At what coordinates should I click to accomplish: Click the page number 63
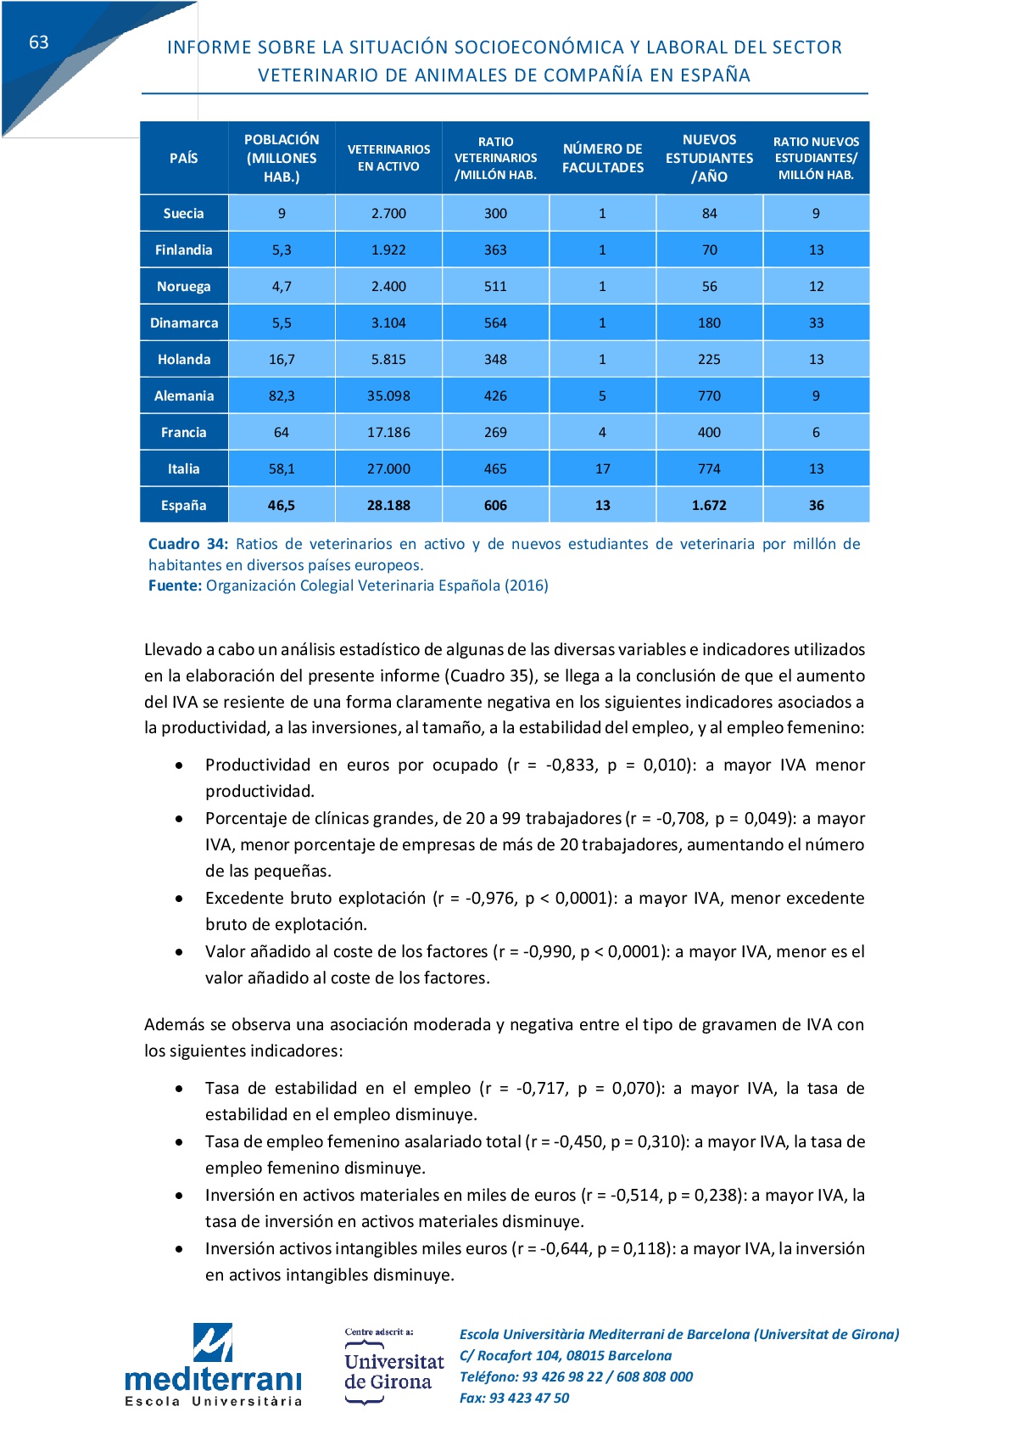(x=39, y=42)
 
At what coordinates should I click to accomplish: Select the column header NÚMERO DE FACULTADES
(x=602, y=158)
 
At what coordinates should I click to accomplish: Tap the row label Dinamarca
(x=184, y=322)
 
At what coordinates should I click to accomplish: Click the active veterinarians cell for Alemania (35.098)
(x=388, y=395)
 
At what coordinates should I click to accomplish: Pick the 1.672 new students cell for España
(x=709, y=505)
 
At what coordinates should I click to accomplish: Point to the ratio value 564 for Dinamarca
(x=495, y=322)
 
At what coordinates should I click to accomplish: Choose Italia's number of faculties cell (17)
(x=602, y=468)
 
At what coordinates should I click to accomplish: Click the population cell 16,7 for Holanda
(x=282, y=359)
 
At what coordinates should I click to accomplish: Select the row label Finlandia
(x=184, y=249)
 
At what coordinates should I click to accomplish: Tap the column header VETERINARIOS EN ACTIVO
(x=388, y=158)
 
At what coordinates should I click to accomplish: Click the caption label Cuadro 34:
(x=187, y=544)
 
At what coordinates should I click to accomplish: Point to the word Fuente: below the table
(x=175, y=586)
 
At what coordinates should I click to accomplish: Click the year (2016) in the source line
(x=526, y=586)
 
